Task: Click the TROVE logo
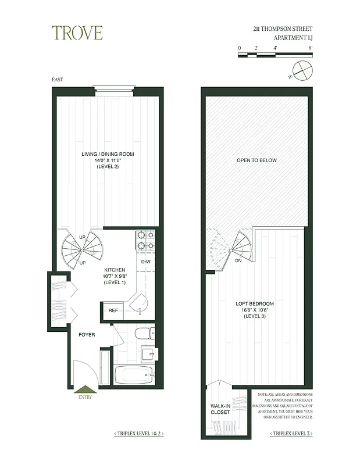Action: click(x=77, y=33)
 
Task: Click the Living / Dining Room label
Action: click(x=108, y=160)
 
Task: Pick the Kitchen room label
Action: click(x=115, y=276)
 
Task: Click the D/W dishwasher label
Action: click(x=145, y=261)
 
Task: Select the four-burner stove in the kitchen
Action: click(x=145, y=240)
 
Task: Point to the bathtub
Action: click(x=134, y=374)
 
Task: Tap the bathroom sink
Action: click(x=148, y=353)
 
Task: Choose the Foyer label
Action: click(x=87, y=335)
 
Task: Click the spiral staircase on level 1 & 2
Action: click(x=82, y=249)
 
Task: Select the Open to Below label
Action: click(x=256, y=160)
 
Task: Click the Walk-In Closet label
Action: click(x=220, y=407)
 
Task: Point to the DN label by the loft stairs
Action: click(x=238, y=260)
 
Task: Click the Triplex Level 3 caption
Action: click(x=291, y=434)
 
